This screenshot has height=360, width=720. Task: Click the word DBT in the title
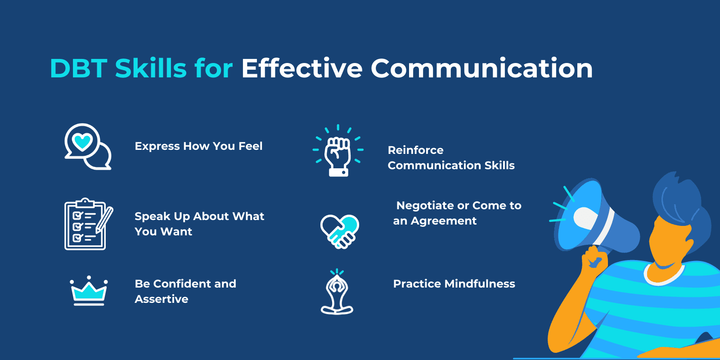(78, 68)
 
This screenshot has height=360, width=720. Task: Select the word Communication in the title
(481, 68)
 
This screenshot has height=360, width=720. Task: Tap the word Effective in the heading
(301, 68)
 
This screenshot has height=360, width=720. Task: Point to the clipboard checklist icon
(85, 224)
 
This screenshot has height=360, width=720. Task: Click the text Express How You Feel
(198, 146)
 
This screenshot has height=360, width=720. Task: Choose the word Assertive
(162, 299)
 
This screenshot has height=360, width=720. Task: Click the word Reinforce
(415, 150)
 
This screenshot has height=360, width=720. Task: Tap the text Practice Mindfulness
(454, 284)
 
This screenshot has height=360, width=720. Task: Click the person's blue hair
(679, 198)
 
